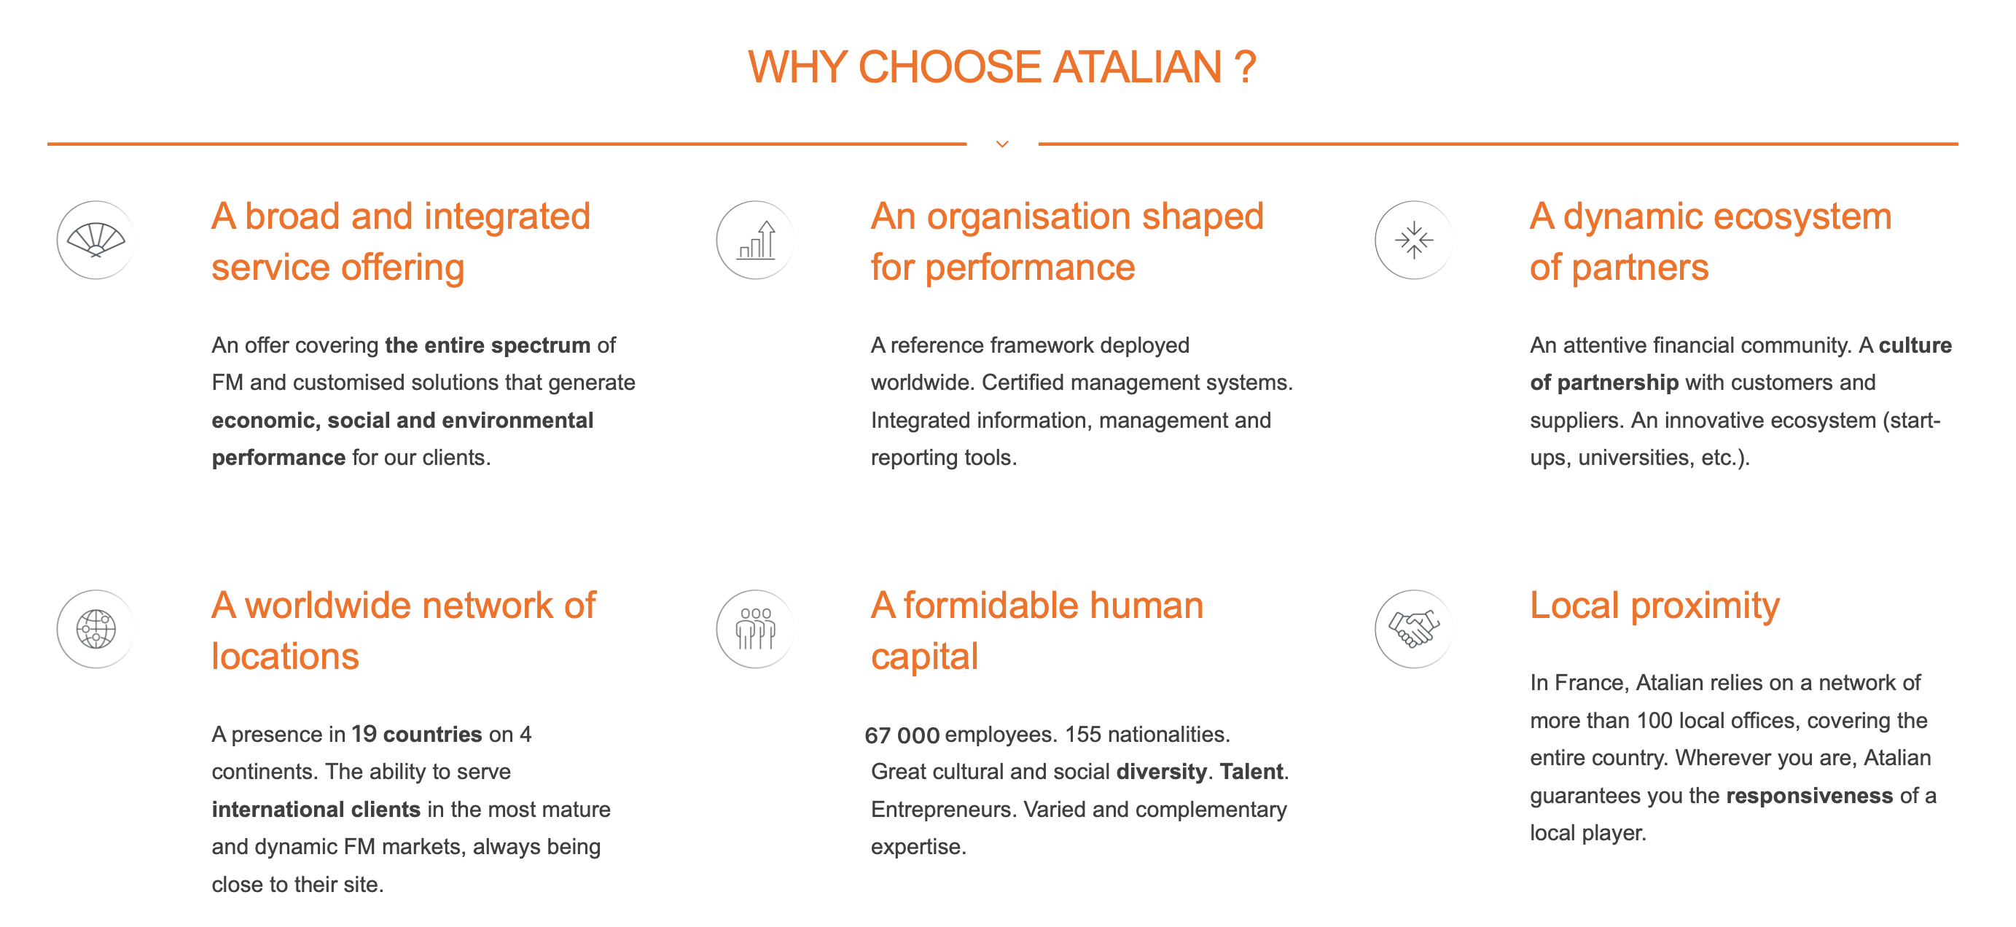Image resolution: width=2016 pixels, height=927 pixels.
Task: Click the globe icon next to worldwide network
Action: pyautogui.click(x=96, y=629)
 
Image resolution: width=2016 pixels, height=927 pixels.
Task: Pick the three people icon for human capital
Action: pyautogui.click(x=756, y=629)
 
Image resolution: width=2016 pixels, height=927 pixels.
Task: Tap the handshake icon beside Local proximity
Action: pyautogui.click(x=1414, y=629)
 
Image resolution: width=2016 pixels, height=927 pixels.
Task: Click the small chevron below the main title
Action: pyautogui.click(x=1001, y=144)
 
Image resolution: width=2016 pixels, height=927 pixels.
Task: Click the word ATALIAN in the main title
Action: pyautogui.click(x=1137, y=67)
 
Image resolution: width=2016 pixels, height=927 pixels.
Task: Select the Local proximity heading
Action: pyautogui.click(x=1654, y=606)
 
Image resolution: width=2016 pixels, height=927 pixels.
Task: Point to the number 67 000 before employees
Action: pyautogui.click(x=902, y=735)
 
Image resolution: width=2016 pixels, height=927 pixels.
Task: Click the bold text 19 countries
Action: pyautogui.click(x=416, y=734)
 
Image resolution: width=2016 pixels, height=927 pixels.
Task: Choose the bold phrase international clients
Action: pyautogui.click(x=316, y=809)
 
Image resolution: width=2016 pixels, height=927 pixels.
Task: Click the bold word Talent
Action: pyautogui.click(x=1251, y=771)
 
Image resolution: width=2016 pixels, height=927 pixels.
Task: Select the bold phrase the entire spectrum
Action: pyautogui.click(x=488, y=345)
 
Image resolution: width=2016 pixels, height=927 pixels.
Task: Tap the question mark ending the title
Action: pyautogui.click(x=1245, y=67)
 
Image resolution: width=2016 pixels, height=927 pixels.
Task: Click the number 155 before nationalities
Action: pyautogui.click(x=1083, y=735)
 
